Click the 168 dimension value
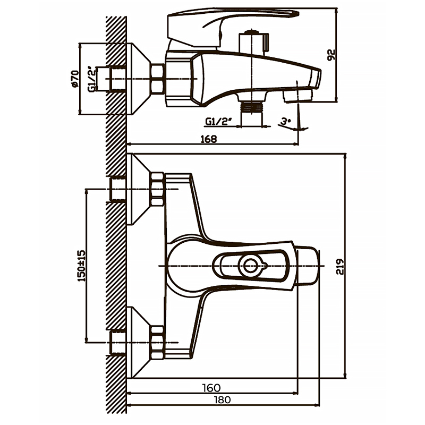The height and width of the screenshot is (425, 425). click(x=209, y=139)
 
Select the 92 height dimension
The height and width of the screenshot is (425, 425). click(x=332, y=55)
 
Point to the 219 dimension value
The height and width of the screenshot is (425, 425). click(x=341, y=266)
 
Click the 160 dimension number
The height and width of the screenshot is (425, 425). click(x=211, y=388)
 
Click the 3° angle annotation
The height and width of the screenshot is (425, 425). click(x=286, y=122)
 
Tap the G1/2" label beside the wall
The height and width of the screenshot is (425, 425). click(x=92, y=79)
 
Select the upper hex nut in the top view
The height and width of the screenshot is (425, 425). click(x=157, y=189)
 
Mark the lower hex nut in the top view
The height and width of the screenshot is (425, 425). click(x=157, y=342)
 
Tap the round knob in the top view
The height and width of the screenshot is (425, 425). click(x=250, y=265)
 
